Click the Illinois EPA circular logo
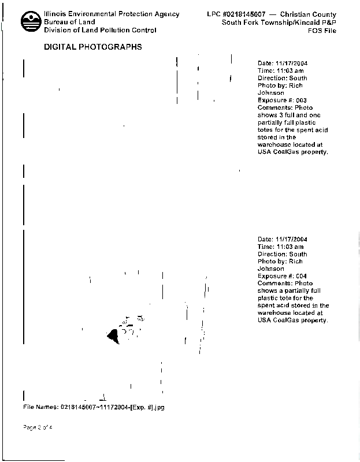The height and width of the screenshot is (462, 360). (31, 21)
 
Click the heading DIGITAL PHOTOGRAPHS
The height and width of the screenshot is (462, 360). (93, 47)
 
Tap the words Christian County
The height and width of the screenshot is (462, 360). (308, 14)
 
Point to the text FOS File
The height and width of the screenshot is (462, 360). (322, 31)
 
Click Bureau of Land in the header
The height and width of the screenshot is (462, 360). (69, 22)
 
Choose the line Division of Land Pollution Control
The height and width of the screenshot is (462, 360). (100, 30)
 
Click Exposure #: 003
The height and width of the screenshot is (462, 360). (282, 100)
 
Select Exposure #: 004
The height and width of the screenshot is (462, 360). (282, 276)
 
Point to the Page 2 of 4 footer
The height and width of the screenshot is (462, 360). (38, 427)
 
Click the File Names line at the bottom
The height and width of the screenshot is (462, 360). (94, 407)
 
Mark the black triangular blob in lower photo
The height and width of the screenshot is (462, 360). (113, 336)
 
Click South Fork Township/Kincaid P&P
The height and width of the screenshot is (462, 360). (279, 23)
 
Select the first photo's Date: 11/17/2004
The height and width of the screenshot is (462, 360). (283, 63)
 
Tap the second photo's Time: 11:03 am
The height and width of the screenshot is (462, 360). (281, 247)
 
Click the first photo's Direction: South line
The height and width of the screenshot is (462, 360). (283, 78)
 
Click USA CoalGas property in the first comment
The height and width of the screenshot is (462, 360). (293, 152)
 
